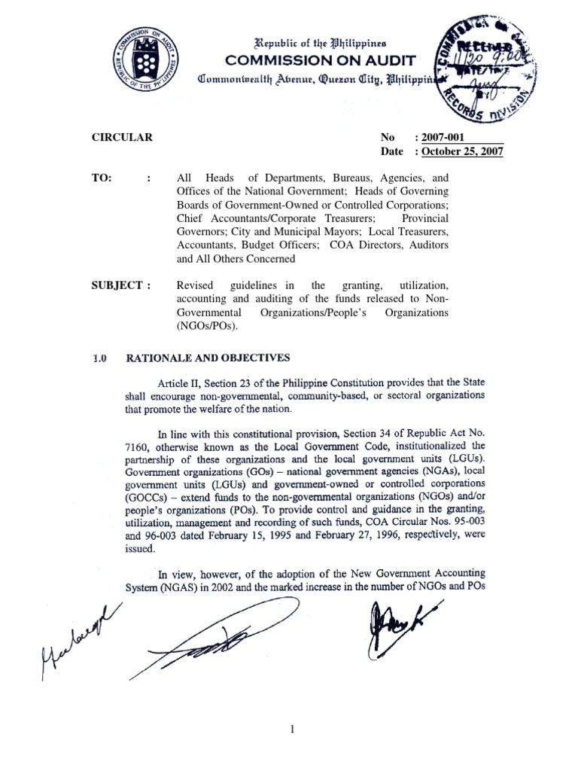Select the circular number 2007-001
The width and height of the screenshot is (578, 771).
coord(446,138)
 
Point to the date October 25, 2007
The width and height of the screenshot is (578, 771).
coord(463,152)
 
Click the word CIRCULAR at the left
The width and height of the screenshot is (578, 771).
coord(122,138)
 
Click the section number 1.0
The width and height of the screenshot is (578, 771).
coord(99,358)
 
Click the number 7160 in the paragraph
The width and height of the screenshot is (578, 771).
coord(137,446)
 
